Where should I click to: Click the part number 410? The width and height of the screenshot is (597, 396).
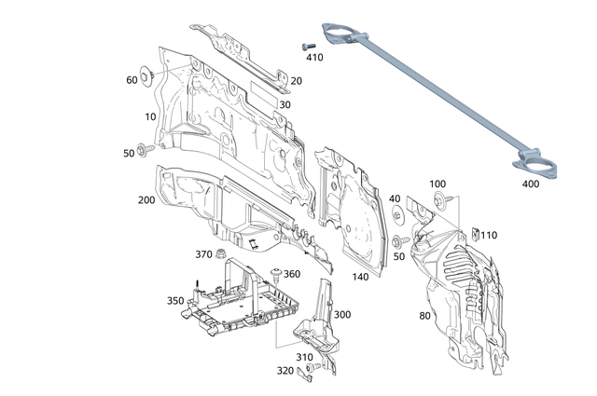point(314,57)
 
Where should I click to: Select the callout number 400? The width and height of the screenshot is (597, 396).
point(531,184)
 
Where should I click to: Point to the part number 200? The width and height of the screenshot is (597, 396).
point(146,200)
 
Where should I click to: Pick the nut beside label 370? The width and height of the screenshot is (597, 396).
point(223,255)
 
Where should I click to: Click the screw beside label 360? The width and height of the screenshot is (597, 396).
point(277,272)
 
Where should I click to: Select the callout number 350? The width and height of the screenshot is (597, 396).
point(175,300)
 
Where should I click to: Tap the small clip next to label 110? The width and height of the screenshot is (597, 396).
point(474,234)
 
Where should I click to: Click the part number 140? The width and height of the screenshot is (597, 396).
point(360,277)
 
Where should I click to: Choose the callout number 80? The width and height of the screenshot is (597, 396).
point(424,315)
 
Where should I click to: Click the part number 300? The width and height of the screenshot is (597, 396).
point(342,314)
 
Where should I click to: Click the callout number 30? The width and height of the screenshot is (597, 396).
point(285,104)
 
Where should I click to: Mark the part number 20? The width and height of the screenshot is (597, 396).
point(297,81)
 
